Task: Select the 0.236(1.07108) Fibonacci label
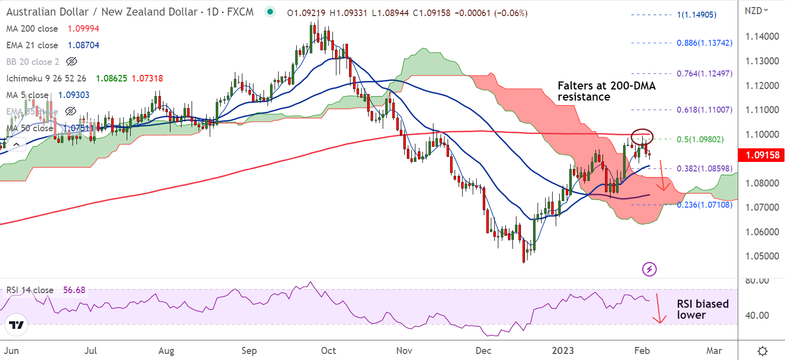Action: (704, 205)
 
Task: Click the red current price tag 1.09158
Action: (760, 155)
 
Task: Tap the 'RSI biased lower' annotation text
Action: (703, 309)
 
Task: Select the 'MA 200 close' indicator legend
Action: (32, 29)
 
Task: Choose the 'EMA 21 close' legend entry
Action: (32, 45)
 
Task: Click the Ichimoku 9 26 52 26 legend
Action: (46, 78)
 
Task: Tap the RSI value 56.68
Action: (74, 290)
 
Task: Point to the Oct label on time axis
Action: (328, 350)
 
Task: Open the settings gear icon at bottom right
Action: (762, 350)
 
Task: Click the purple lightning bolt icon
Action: (649, 269)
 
